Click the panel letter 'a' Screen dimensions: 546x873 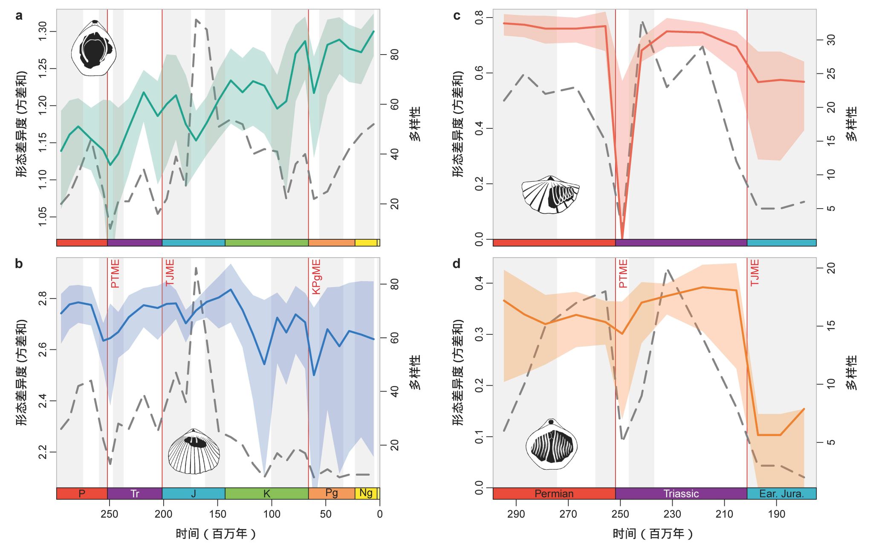click(x=19, y=16)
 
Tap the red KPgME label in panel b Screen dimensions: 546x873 click(x=316, y=276)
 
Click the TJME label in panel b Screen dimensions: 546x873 click(x=170, y=273)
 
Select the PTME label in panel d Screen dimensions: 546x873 click(x=623, y=273)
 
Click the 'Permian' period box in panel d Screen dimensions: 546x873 click(x=554, y=494)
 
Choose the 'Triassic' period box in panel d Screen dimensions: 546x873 click(x=681, y=494)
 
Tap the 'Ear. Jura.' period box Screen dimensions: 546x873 click(x=781, y=494)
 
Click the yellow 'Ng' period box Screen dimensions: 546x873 click(x=366, y=493)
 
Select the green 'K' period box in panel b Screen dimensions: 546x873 click(x=266, y=494)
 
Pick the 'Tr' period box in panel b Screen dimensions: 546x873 click(x=135, y=494)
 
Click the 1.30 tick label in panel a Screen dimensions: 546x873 click(x=43, y=32)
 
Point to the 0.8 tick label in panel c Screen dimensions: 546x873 click(x=480, y=17)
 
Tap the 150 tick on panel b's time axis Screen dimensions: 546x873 click(x=217, y=514)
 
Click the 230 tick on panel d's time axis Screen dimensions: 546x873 click(x=672, y=514)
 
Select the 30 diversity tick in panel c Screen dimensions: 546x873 click(x=831, y=40)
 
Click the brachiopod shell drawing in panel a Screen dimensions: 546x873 click(x=94, y=48)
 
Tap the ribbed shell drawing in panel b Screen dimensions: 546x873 click(x=194, y=451)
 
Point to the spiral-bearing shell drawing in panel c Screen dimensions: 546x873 click(x=550, y=195)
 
